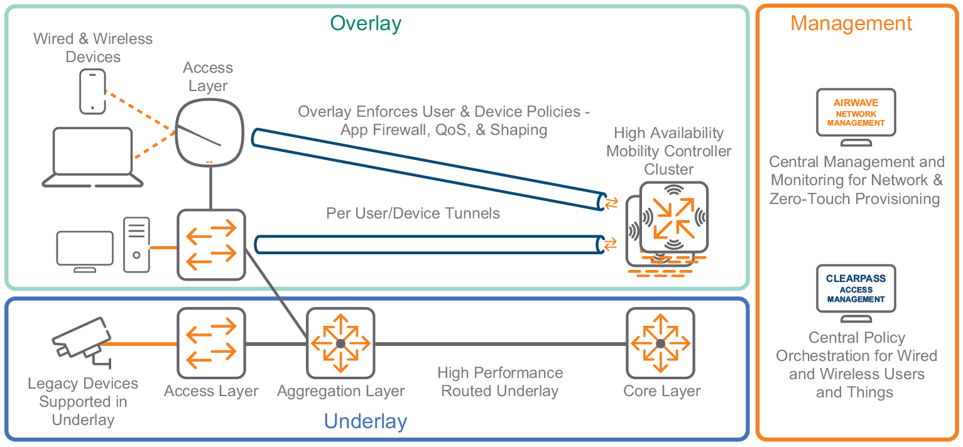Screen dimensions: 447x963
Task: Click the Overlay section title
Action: pos(366,23)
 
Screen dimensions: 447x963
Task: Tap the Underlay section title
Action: pos(366,421)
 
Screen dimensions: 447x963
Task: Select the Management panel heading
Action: pos(851,23)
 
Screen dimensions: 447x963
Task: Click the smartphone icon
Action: pos(93,92)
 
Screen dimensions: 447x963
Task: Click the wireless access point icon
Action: pos(209,132)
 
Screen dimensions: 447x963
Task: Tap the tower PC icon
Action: pos(136,244)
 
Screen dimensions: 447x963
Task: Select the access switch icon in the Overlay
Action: pos(211,244)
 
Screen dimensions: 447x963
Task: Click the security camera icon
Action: pos(79,342)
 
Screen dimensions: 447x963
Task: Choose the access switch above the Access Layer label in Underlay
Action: pos(211,343)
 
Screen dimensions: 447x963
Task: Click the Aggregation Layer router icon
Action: pos(340,343)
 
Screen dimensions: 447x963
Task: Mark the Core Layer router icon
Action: pos(660,343)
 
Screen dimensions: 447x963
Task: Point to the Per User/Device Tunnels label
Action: pos(413,213)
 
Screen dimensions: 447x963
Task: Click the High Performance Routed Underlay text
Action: pos(500,382)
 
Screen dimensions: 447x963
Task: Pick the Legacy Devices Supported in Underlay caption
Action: pos(83,401)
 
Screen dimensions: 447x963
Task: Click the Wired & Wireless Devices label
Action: pos(93,48)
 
